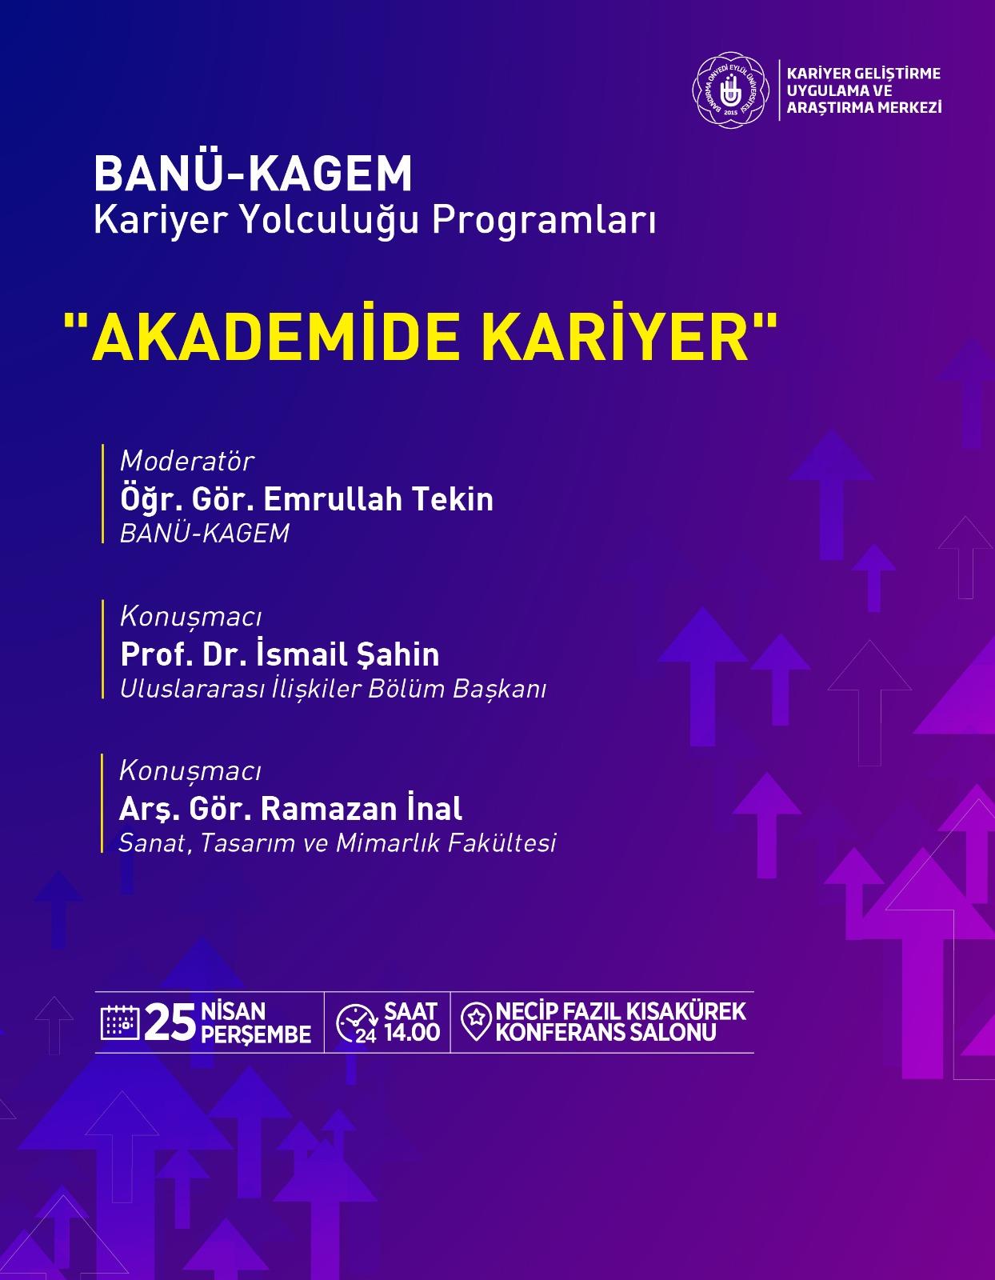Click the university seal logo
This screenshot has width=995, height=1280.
coord(730,90)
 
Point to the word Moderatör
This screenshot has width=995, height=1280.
coord(186,461)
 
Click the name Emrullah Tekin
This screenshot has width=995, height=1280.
coord(378,499)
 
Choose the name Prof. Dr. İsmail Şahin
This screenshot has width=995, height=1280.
coord(280,654)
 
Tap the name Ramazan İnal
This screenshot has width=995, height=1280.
coord(361,808)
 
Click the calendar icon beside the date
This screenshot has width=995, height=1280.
coord(120,1022)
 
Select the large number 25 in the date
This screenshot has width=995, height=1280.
coord(170,1023)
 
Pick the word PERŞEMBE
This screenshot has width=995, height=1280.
coord(256,1035)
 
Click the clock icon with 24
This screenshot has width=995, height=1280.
coord(357,1023)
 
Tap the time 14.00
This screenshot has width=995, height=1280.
coord(412,1033)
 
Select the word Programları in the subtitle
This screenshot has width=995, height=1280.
coord(544,220)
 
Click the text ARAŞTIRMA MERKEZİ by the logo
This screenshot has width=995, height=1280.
coord(865,107)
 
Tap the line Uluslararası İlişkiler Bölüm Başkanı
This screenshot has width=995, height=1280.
coord(334,689)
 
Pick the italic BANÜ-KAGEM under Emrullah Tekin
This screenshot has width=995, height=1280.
coord(205,534)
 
